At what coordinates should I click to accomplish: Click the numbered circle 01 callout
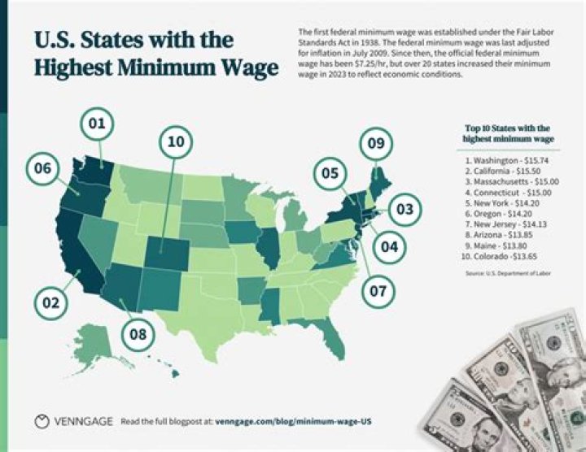[x=98, y=124]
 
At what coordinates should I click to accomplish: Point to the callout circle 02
[x=51, y=303]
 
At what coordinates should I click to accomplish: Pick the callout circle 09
[x=375, y=144]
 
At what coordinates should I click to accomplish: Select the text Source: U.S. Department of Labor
[x=508, y=274]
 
